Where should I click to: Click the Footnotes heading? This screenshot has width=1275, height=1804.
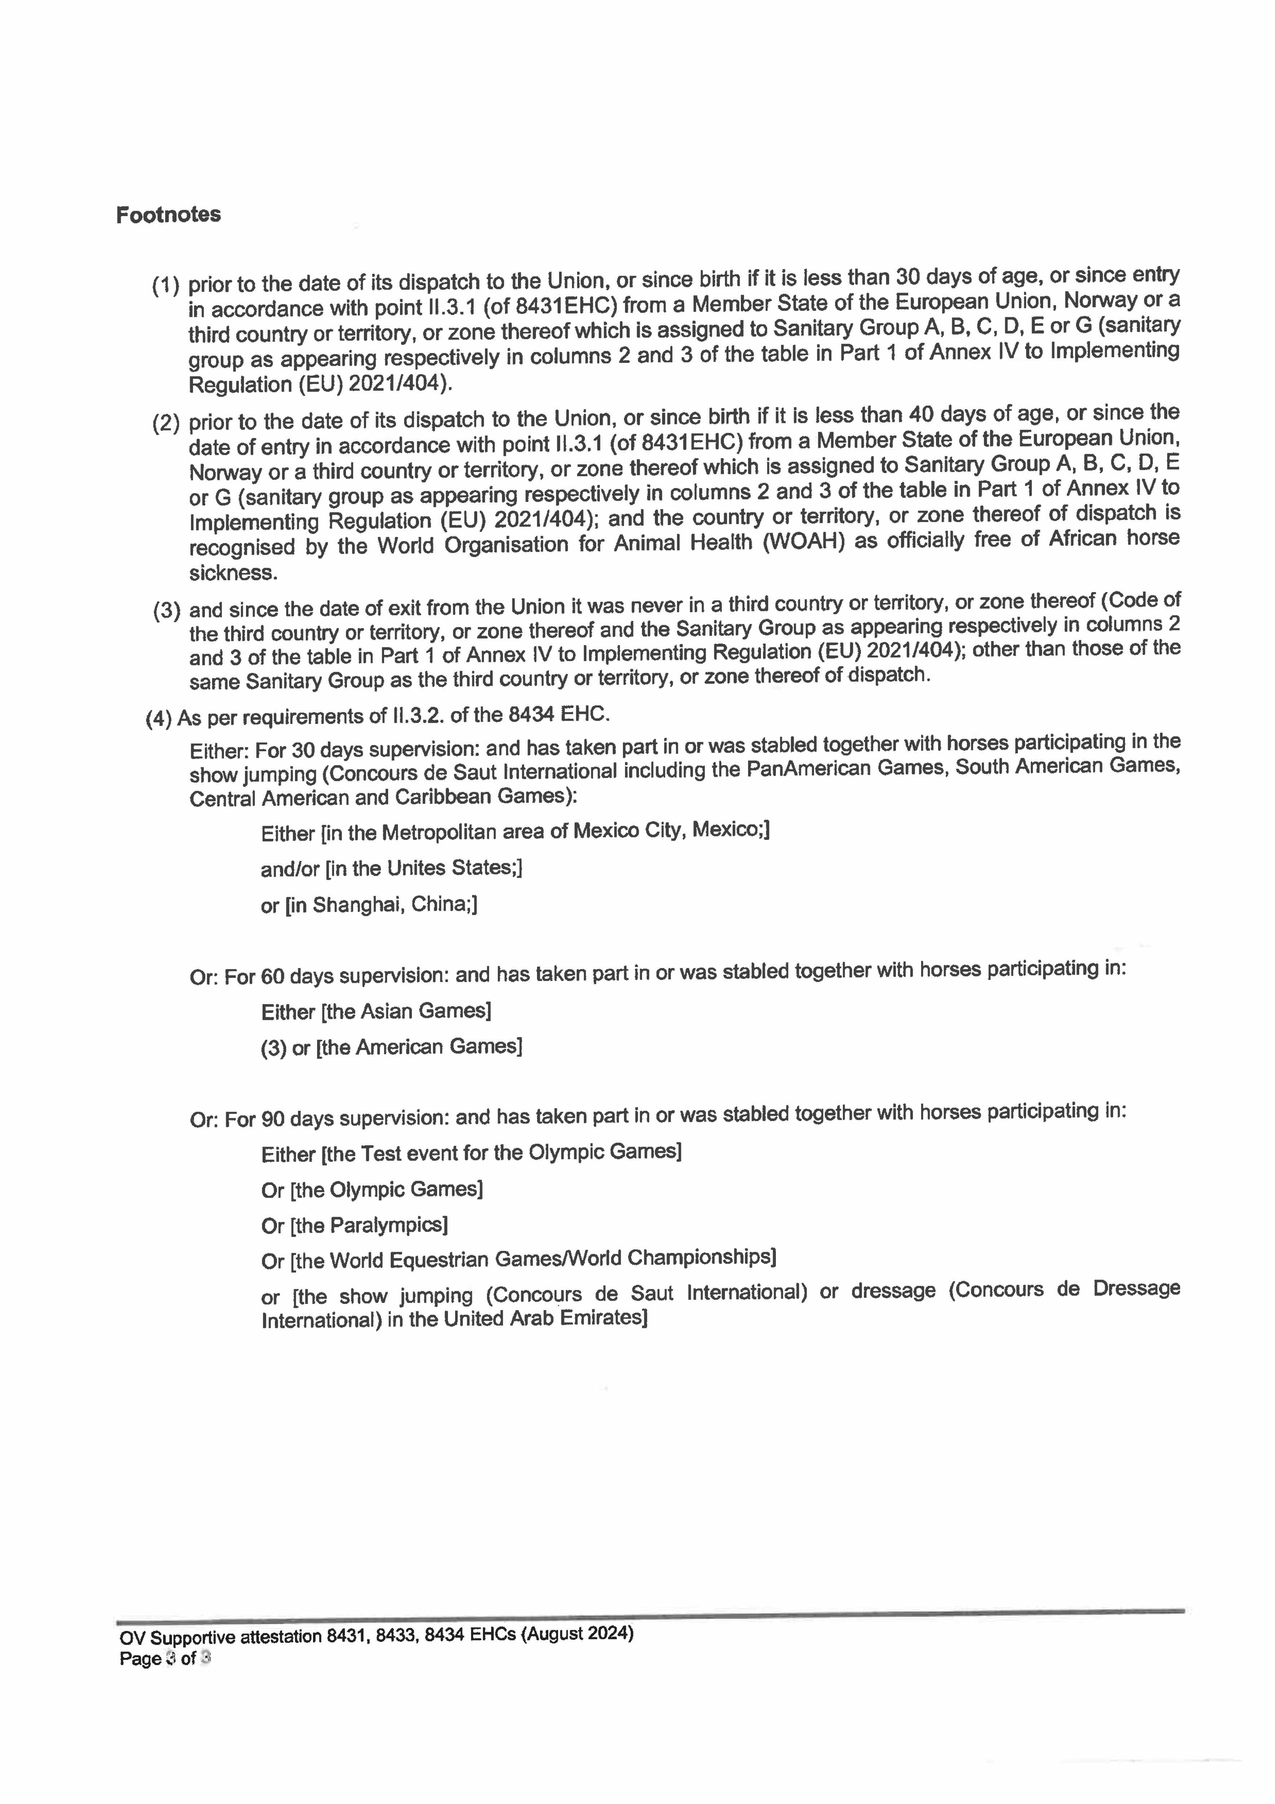click(168, 215)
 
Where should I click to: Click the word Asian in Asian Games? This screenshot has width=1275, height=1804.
click(387, 1011)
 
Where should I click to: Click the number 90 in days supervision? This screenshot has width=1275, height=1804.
click(271, 1119)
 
